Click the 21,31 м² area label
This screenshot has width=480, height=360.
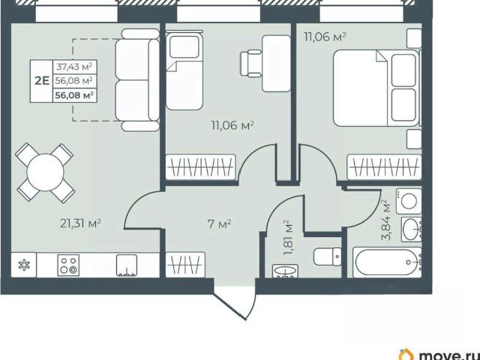click(80, 223)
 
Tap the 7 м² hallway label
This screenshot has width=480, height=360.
click(219, 224)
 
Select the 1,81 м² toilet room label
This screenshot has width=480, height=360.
click(288, 238)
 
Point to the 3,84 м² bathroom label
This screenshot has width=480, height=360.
click(386, 220)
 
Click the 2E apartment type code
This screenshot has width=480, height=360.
click(42, 81)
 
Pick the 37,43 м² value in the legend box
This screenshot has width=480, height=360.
click(74, 67)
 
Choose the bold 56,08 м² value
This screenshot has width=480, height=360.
click(74, 95)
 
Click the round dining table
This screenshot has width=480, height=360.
click(45, 172)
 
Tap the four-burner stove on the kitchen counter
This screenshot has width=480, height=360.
click(68, 265)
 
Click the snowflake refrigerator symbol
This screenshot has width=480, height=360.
click(24, 265)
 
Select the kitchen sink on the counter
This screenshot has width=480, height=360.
click(127, 265)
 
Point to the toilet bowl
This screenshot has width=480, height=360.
click(327, 256)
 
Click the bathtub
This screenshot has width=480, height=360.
click(387, 262)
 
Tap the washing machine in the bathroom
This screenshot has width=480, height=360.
click(409, 201)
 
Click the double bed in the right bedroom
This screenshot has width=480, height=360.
click(377, 88)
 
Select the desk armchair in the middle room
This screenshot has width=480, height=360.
click(250, 64)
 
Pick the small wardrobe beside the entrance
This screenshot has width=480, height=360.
click(185, 265)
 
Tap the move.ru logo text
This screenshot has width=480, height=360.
click(448, 355)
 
